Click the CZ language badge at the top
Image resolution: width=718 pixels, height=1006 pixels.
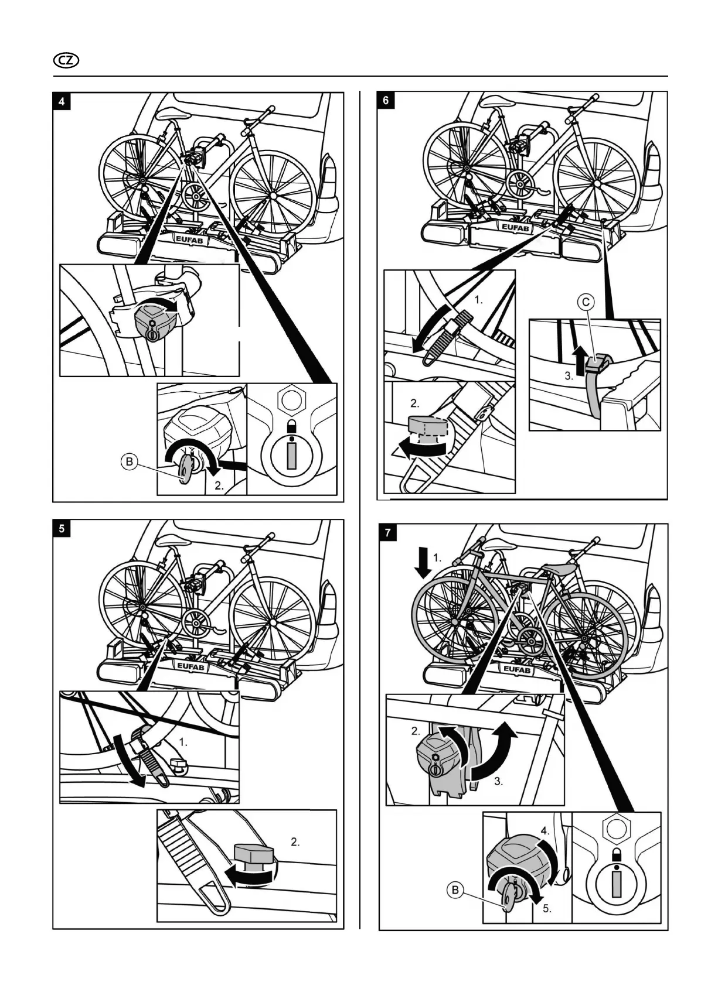tap(66, 60)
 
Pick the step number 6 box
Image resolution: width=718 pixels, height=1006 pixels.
tap(386, 100)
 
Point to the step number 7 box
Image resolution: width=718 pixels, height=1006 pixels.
tap(387, 533)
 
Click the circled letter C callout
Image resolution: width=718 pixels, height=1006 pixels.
tap(586, 302)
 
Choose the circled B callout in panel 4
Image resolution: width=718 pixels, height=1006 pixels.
tap(129, 462)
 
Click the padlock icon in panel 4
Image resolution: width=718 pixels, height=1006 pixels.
tap(291, 426)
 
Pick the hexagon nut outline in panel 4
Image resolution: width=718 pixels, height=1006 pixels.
tap(292, 399)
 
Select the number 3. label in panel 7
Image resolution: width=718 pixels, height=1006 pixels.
tap(498, 781)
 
